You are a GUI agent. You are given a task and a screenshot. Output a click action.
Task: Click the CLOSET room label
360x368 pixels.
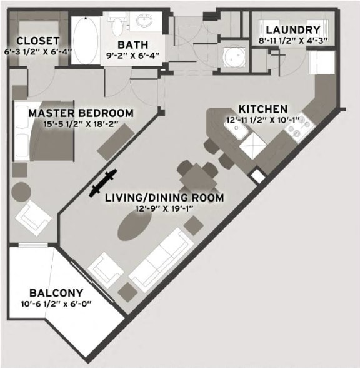point(38,41)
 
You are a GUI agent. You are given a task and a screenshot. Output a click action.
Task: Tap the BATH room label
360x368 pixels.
point(133,44)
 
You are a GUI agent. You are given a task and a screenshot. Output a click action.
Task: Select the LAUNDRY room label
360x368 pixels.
point(292,29)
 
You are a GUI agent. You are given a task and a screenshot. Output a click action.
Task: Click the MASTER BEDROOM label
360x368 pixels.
point(81,113)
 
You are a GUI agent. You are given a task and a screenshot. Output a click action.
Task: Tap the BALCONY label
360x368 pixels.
point(56,292)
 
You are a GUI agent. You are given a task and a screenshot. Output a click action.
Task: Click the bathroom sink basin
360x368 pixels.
point(145,21)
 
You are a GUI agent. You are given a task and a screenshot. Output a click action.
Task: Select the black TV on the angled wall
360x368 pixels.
point(103,182)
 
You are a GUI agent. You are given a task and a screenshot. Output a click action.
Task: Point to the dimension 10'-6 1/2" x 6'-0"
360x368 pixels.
point(56,304)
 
